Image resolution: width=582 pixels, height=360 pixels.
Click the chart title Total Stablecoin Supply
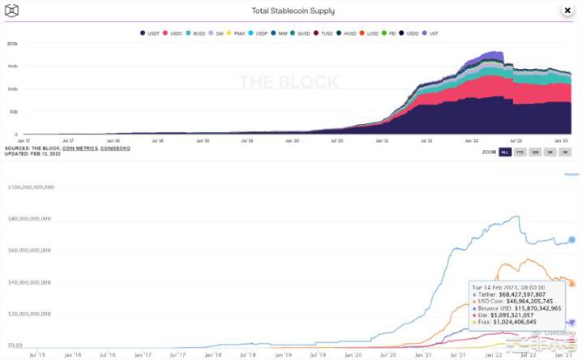coord(294,11)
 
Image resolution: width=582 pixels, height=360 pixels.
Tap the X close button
coord(567,10)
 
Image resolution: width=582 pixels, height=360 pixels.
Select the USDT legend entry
coord(152,33)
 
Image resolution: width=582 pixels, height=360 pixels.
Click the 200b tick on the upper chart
coord(12,44)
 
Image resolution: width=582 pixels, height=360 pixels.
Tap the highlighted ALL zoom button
coord(505,152)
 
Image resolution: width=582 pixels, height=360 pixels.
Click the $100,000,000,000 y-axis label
coord(30,186)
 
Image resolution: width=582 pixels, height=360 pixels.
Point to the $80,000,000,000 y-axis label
coord(30,218)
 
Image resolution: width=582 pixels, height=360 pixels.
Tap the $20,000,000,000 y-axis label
coord(30,313)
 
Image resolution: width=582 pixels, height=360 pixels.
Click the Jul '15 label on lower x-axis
coord(36,354)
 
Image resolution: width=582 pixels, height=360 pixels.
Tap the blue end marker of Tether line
coord(571,239)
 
